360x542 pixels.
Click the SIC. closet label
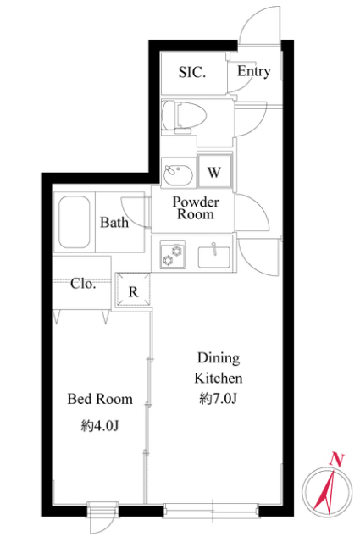click(x=192, y=72)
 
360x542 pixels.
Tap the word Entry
click(x=253, y=71)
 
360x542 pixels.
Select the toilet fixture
click(x=184, y=117)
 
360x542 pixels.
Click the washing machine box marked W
click(x=214, y=171)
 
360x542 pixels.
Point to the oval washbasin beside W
click(x=178, y=175)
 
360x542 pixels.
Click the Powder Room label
click(x=196, y=208)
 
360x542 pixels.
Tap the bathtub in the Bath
click(x=74, y=222)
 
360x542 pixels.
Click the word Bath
click(x=114, y=222)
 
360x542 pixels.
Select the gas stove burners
click(x=172, y=254)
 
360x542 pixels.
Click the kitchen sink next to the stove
click(x=213, y=256)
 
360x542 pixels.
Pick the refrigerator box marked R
click(x=134, y=290)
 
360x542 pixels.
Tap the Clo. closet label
click(x=83, y=284)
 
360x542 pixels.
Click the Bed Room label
click(x=100, y=399)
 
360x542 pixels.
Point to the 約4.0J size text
click(x=100, y=425)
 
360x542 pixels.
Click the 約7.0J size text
click(x=218, y=399)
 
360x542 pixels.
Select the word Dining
click(x=219, y=358)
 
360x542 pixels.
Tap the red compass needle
click(x=324, y=490)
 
